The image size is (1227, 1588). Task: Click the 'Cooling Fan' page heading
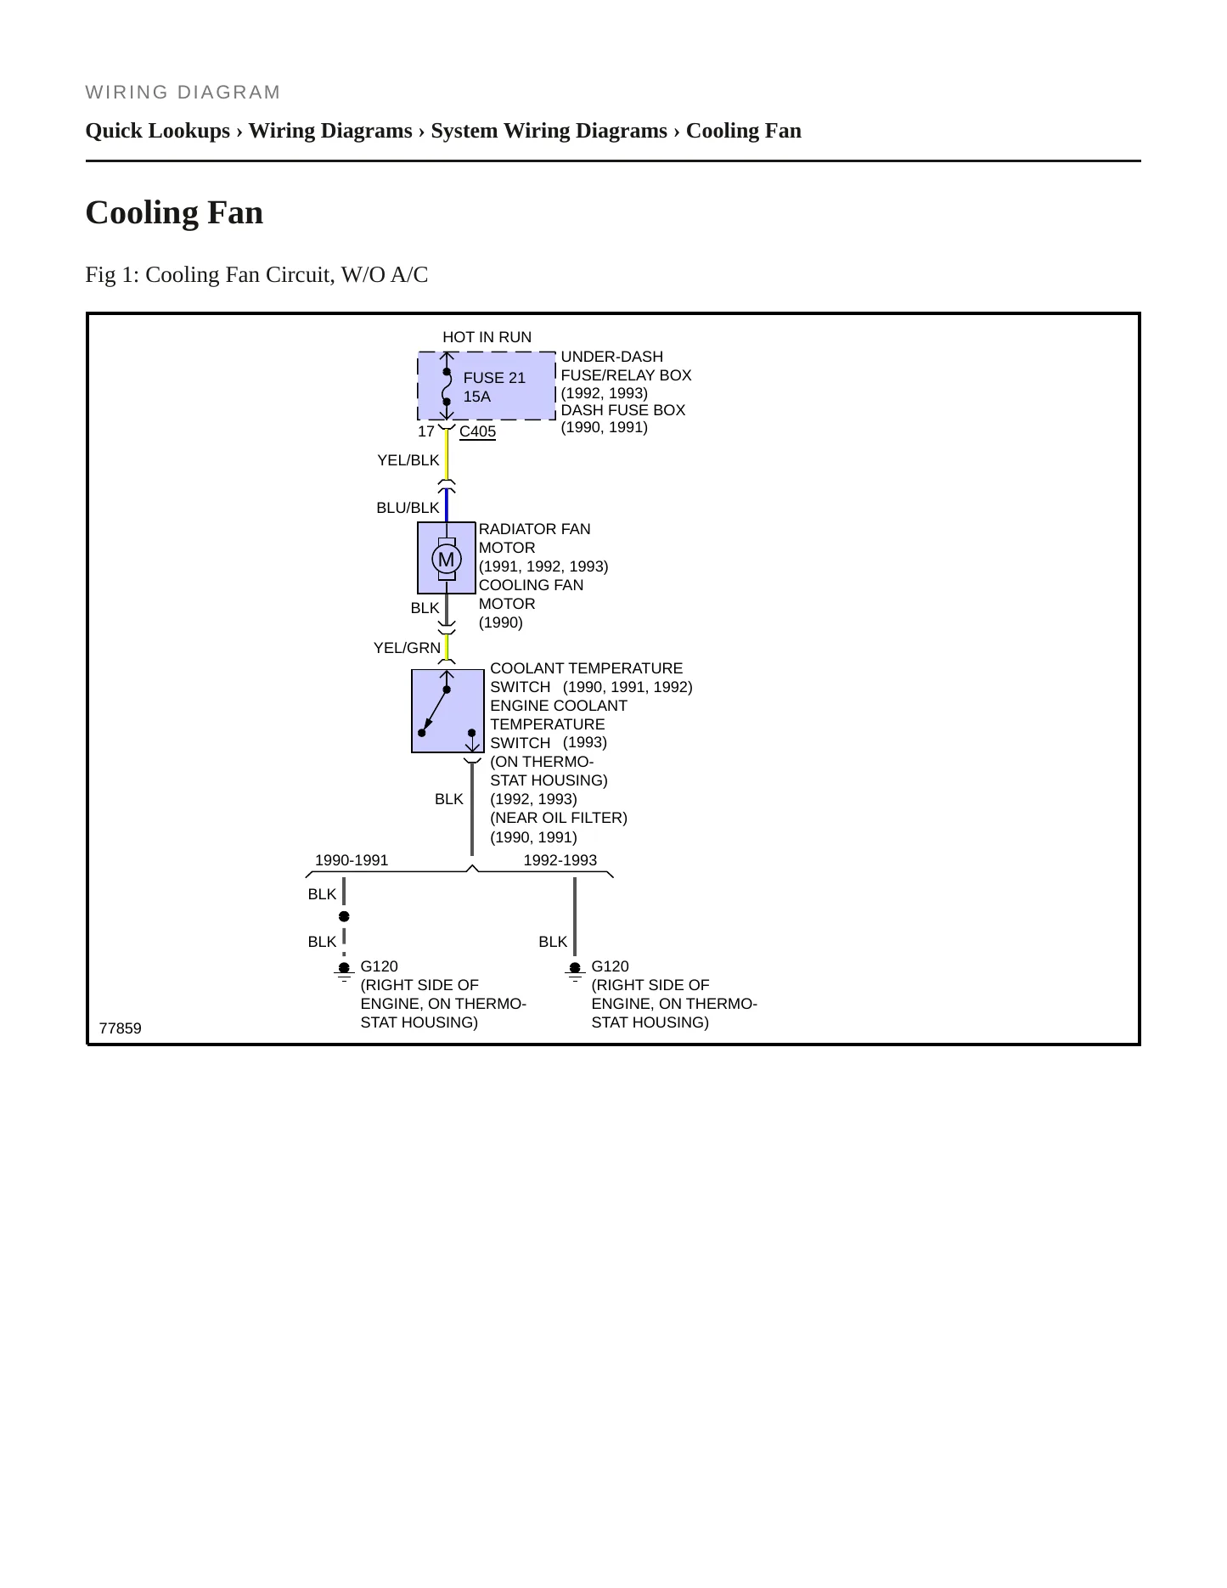pyautogui.click(x=174, y=212)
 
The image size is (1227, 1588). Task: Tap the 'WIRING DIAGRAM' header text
pyautogui.click(x=183, y=93)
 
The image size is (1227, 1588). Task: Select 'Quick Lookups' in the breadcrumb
pyautogui.click(x=158, y=131)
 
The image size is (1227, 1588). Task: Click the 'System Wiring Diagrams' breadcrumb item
pyautogui.click(x=549, y=131)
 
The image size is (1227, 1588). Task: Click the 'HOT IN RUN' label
pyautogui.click(x=487, y=337)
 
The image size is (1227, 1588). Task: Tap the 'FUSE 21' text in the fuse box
pyautogui.click(x=494, y=378)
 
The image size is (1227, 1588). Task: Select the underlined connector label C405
pyautogui.click(x=477, y=431)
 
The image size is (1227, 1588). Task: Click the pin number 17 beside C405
pyautogui.click(x=426, y=431)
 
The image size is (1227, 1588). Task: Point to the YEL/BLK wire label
pyautogui.click(x=408, y=460)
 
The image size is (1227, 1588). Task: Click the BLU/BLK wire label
pyautogui.click(x=408, y=508)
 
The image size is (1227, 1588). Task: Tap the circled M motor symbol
pyautogui.click(x=447, y=560)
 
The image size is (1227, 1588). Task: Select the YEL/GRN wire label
pyautogui.click(x=408, y=648)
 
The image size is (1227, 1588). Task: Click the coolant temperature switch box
pyautogui.click(x=447, y=711)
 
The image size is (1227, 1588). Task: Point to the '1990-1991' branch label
pyautogui.click(x=352, y=860)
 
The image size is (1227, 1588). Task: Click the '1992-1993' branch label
pyautogui.click(x=560, y=860)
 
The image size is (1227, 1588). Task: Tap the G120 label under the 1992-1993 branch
pyautogui.click(x=611, y=966)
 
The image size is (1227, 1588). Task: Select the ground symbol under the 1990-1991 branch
pyautogui.click(x=344, y=972)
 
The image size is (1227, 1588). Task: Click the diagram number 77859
pyautogui.click(x=121, y=1028)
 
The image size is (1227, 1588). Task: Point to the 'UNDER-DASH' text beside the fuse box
pyautogui.click(x=612, y=357)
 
